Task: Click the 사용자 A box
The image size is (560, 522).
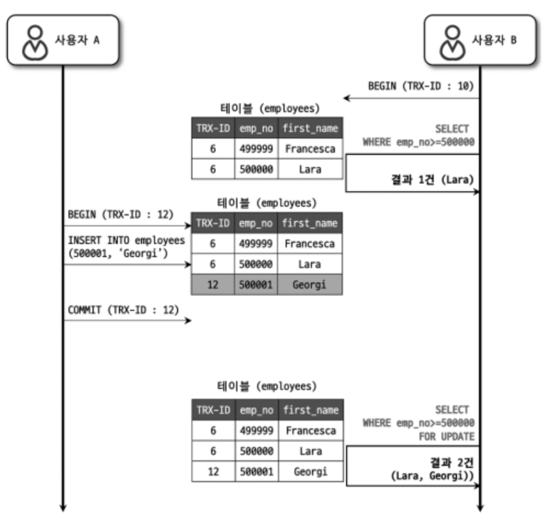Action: [x=62, y=40]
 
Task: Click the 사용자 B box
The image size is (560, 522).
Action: [x=479, y=40]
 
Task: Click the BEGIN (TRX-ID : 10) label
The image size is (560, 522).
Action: [x=421, y=86]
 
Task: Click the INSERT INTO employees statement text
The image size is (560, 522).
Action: [x=125, y=247]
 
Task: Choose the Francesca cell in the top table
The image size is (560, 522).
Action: [x=309, y=148]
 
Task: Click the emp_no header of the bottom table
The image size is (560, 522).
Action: [x=256, y=410]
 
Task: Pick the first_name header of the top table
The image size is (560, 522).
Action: [x=309, y=128]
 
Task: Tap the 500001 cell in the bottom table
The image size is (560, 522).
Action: [x=256, y=471]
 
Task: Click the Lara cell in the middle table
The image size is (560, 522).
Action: [x=309, y=263]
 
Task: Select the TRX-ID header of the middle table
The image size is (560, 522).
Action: [x=212, y=223]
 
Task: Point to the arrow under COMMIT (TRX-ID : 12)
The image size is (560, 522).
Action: [x=128, y=321]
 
